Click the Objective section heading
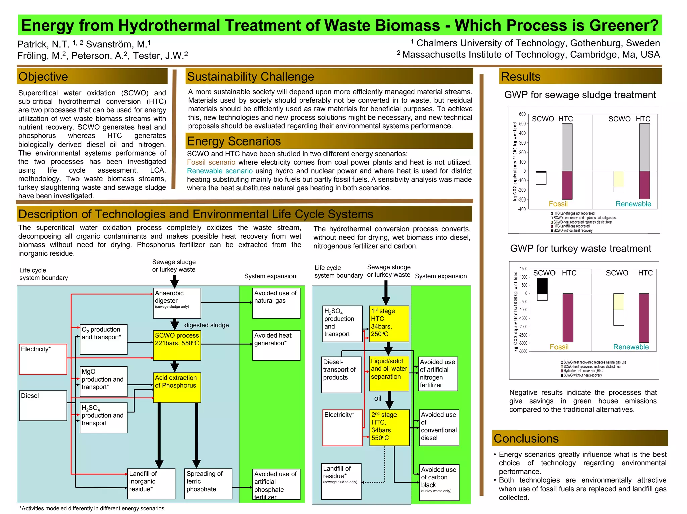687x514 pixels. pos(43,77)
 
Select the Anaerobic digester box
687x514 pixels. pos(177,303)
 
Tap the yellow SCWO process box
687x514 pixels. pos(177,345)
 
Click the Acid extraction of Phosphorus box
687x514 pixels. pos(177,387)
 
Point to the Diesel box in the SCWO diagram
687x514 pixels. pos(43,405)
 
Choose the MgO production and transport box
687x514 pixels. pos(103,381)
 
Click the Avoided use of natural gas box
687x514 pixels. pos(276,303)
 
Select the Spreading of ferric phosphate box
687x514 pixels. pos(208,483)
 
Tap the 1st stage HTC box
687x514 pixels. pos(389,324)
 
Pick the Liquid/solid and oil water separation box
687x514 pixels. pos(389,373)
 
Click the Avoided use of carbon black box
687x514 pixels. pos(439,482)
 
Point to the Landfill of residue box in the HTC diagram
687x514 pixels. pos(341,481)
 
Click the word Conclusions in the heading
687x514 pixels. pos(526,438)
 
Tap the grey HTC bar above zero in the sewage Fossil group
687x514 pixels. pos(567,147)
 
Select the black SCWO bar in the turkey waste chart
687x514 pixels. pos(542,286)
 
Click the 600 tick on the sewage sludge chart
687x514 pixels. pos(522,114)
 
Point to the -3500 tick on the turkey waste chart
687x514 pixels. pos(523,351)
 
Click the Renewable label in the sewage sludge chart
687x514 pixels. pos(633,204)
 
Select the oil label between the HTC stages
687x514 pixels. pos(378,398)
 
